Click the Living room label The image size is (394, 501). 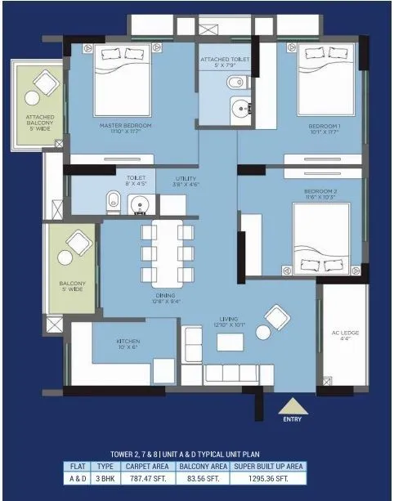229,322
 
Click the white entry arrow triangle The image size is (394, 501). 292,405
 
